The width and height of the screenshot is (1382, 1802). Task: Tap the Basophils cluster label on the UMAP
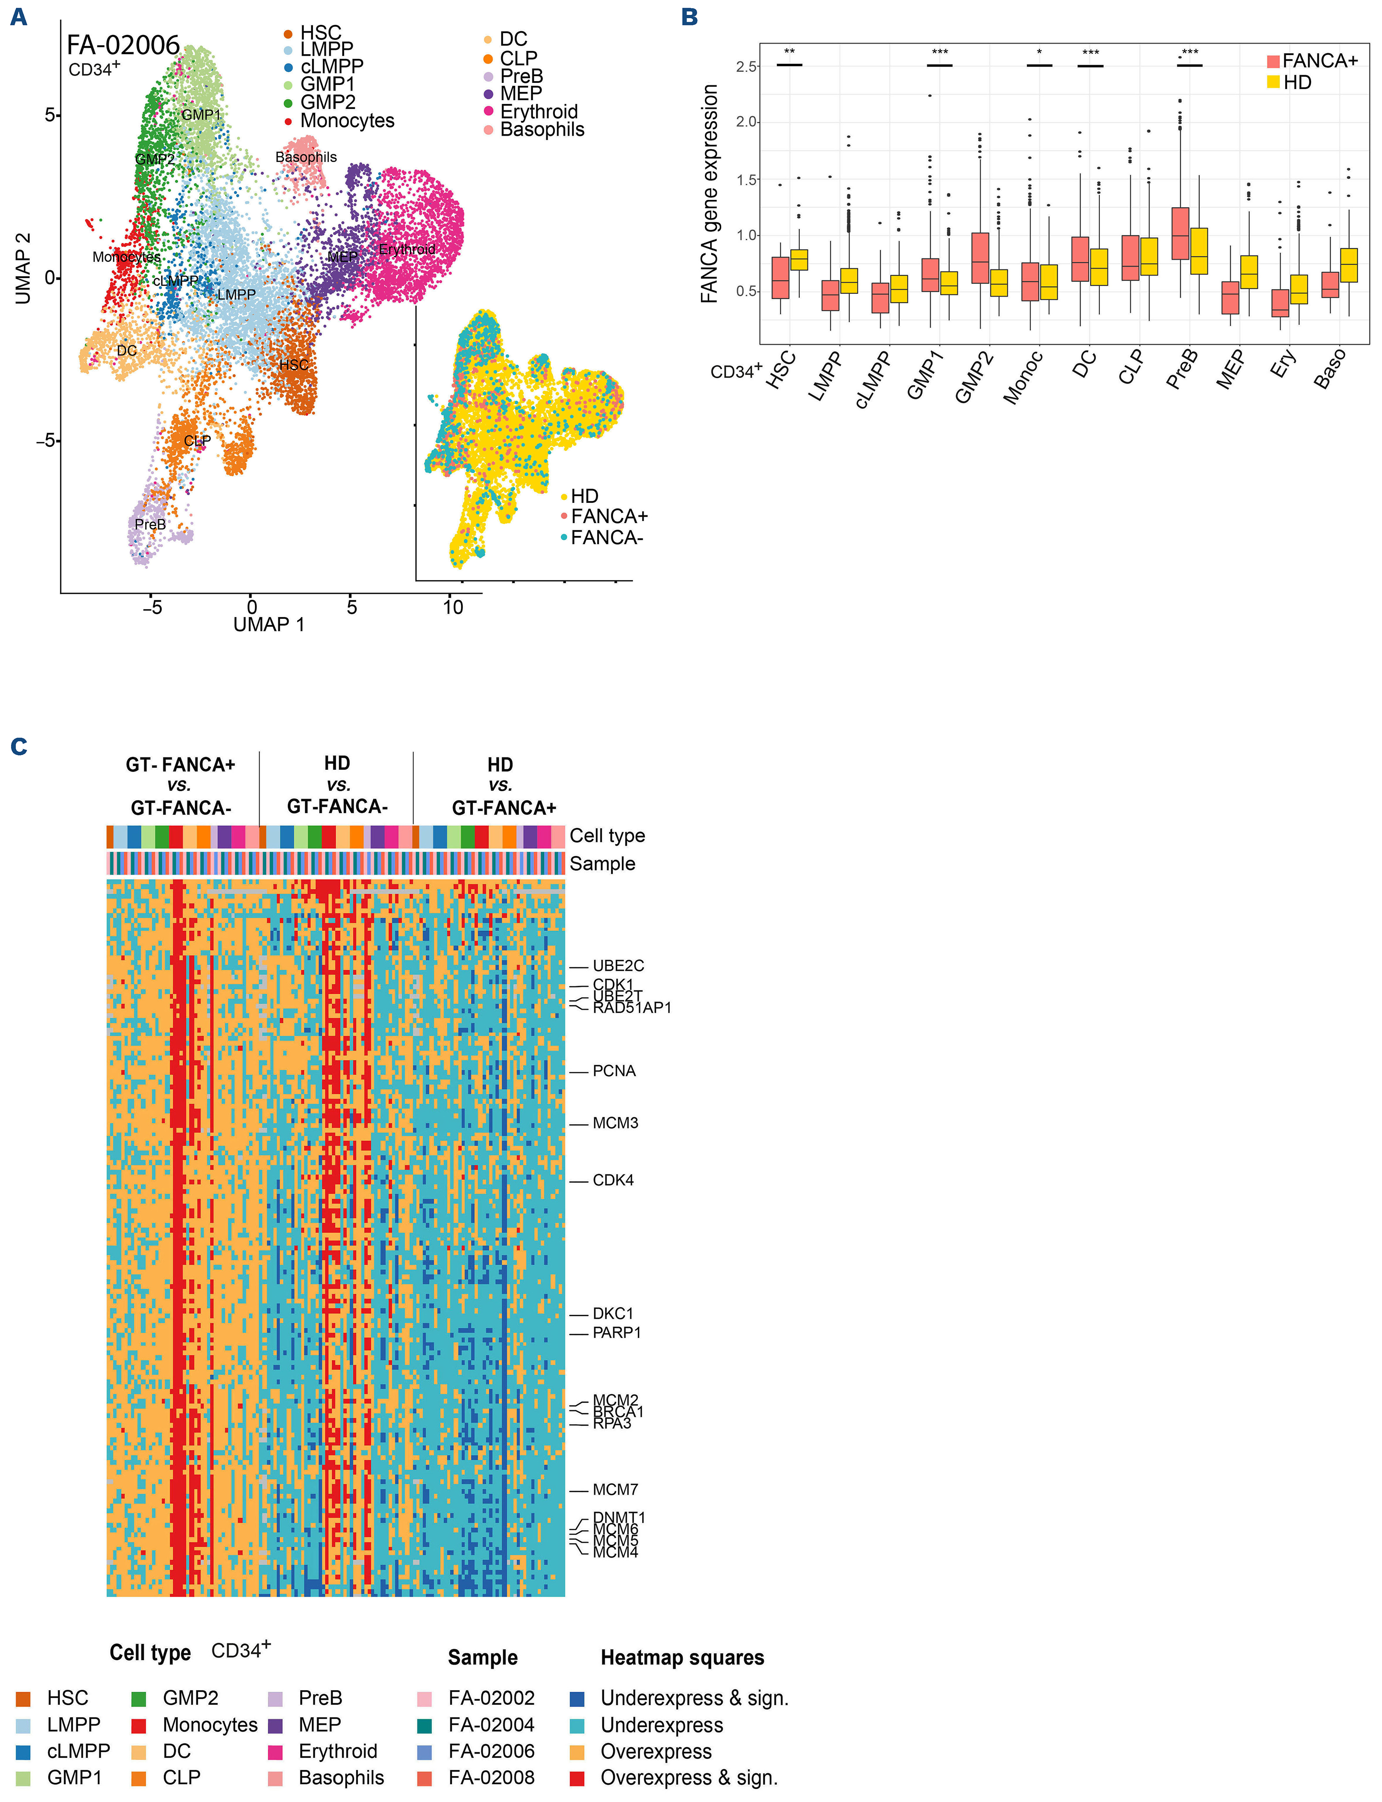coord(306,157)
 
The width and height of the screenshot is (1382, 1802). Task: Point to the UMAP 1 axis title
coord(269,625)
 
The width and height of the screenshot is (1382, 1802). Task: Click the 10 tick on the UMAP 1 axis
coord(452,608)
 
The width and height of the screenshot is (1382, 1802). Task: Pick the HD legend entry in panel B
coord(1296,82)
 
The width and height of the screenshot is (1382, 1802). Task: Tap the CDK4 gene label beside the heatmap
coord(613,1181)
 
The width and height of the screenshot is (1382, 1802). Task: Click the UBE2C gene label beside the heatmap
coord(618,966)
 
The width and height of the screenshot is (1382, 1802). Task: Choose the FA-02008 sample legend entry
coord(491,1778)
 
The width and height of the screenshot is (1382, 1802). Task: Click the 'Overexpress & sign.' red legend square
coord(577,1778)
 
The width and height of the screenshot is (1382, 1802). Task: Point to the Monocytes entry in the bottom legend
coord(210,1725)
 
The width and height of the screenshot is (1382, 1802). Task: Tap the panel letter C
coord(19,746)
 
